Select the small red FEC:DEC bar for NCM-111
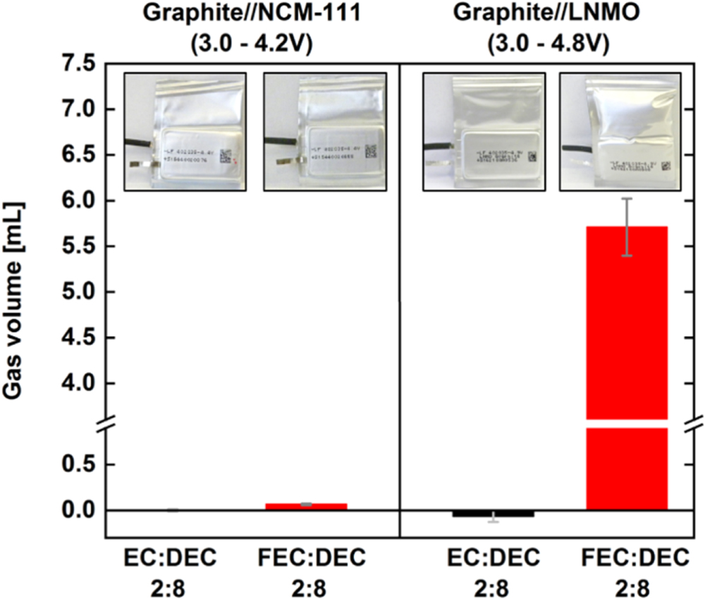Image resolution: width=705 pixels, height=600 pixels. point(306,506)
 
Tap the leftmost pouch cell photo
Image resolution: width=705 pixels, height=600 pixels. point(185,141)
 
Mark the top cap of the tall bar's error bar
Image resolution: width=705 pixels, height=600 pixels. point(627,199)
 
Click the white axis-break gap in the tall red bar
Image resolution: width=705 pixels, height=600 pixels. point(627,424)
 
